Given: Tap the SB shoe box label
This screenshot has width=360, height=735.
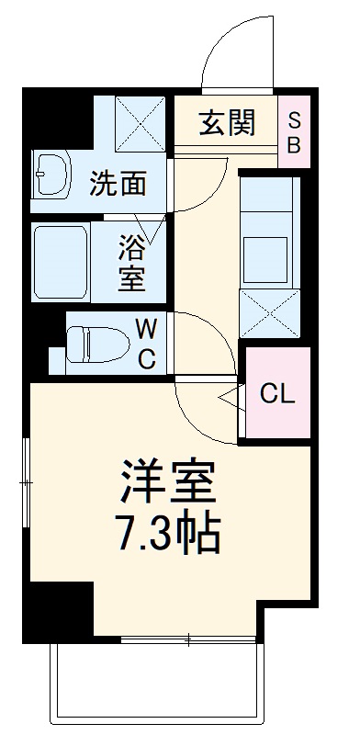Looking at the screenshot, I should [295, 132].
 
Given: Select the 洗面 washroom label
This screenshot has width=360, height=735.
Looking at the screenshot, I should [117, 184].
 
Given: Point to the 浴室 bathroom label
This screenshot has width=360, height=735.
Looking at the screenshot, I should [131, 264].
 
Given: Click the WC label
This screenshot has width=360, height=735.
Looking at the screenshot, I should [146, 342].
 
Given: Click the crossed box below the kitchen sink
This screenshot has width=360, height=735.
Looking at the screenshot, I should [269, 313].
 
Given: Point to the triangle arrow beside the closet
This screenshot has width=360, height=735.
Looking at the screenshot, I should [231, 396].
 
